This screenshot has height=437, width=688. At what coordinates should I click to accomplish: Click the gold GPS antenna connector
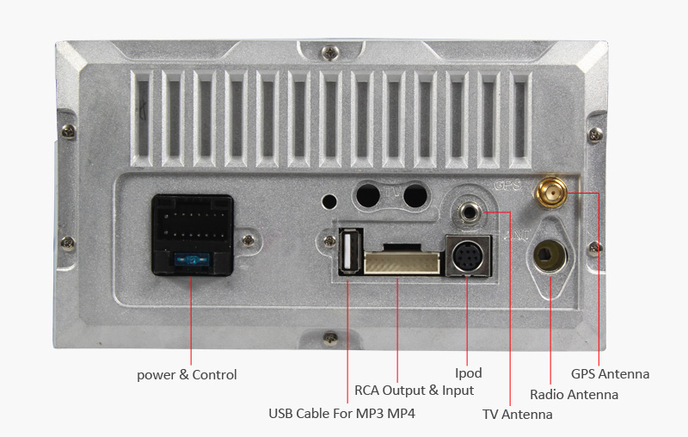point(550,192)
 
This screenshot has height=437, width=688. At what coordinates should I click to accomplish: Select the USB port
point(349,251)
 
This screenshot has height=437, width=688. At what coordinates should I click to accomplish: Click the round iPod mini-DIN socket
point(466,256)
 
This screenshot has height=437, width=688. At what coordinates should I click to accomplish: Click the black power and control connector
point(192,233)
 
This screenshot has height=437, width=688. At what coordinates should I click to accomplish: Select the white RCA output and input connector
point(401,260)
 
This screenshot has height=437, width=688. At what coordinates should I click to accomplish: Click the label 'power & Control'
point(187,375)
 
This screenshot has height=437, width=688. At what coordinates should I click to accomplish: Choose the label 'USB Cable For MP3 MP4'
point(341,414)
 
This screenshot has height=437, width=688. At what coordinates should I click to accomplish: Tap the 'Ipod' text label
point(468,373)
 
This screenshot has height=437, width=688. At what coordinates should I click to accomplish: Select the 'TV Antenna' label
point(517,415)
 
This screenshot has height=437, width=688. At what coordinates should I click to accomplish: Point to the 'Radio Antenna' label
point(574,395)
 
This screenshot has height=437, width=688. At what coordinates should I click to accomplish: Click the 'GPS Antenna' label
point(610,374)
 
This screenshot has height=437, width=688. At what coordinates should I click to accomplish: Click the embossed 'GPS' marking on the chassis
point(507,185)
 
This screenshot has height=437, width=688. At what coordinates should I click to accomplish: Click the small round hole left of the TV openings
point(328,202)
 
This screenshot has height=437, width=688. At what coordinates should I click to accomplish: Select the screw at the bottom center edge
point(329,337)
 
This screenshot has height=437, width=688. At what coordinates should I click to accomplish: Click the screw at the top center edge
point(329,54)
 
